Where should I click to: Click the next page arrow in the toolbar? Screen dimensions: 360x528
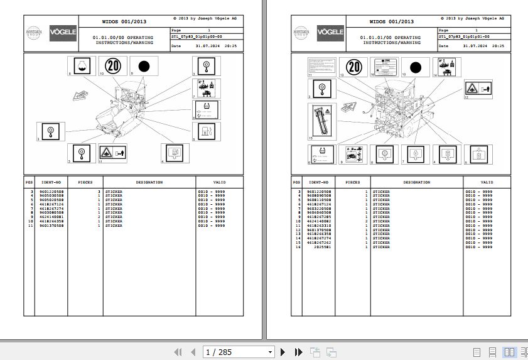[283, 352]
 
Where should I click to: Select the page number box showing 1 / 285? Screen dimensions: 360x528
[239, 352]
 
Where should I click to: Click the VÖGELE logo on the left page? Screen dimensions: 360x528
[63, 32]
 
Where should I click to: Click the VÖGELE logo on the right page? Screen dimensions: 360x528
[330, 32]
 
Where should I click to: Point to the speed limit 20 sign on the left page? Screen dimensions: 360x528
[113, 65]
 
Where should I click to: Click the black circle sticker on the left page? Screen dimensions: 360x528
[143, 65]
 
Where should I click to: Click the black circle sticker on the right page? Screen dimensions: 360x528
[415, 67]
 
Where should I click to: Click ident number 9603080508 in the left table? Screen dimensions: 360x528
[51, 212]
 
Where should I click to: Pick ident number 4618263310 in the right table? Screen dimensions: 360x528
[320, 226]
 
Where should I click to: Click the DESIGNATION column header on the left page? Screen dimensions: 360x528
[149, 182]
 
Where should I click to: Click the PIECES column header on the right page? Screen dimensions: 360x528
[353, 182]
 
